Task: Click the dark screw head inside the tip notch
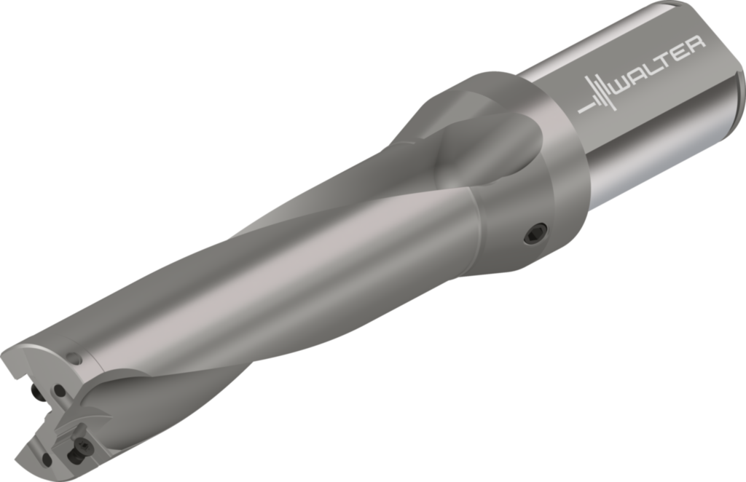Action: (x=36, y=394)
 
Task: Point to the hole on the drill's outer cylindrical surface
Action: (x=74, y=358)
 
